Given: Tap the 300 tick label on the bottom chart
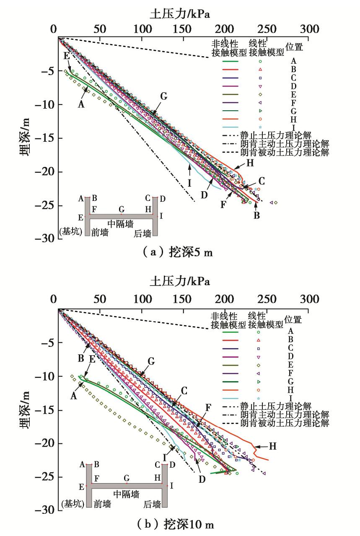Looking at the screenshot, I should click(310, 299).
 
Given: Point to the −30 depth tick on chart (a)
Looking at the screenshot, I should click(41, 239).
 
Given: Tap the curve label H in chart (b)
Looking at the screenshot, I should click(273, 446).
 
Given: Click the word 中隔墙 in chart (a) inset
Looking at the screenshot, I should click(121, 224).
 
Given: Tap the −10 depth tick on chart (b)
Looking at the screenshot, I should click(41, 377).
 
